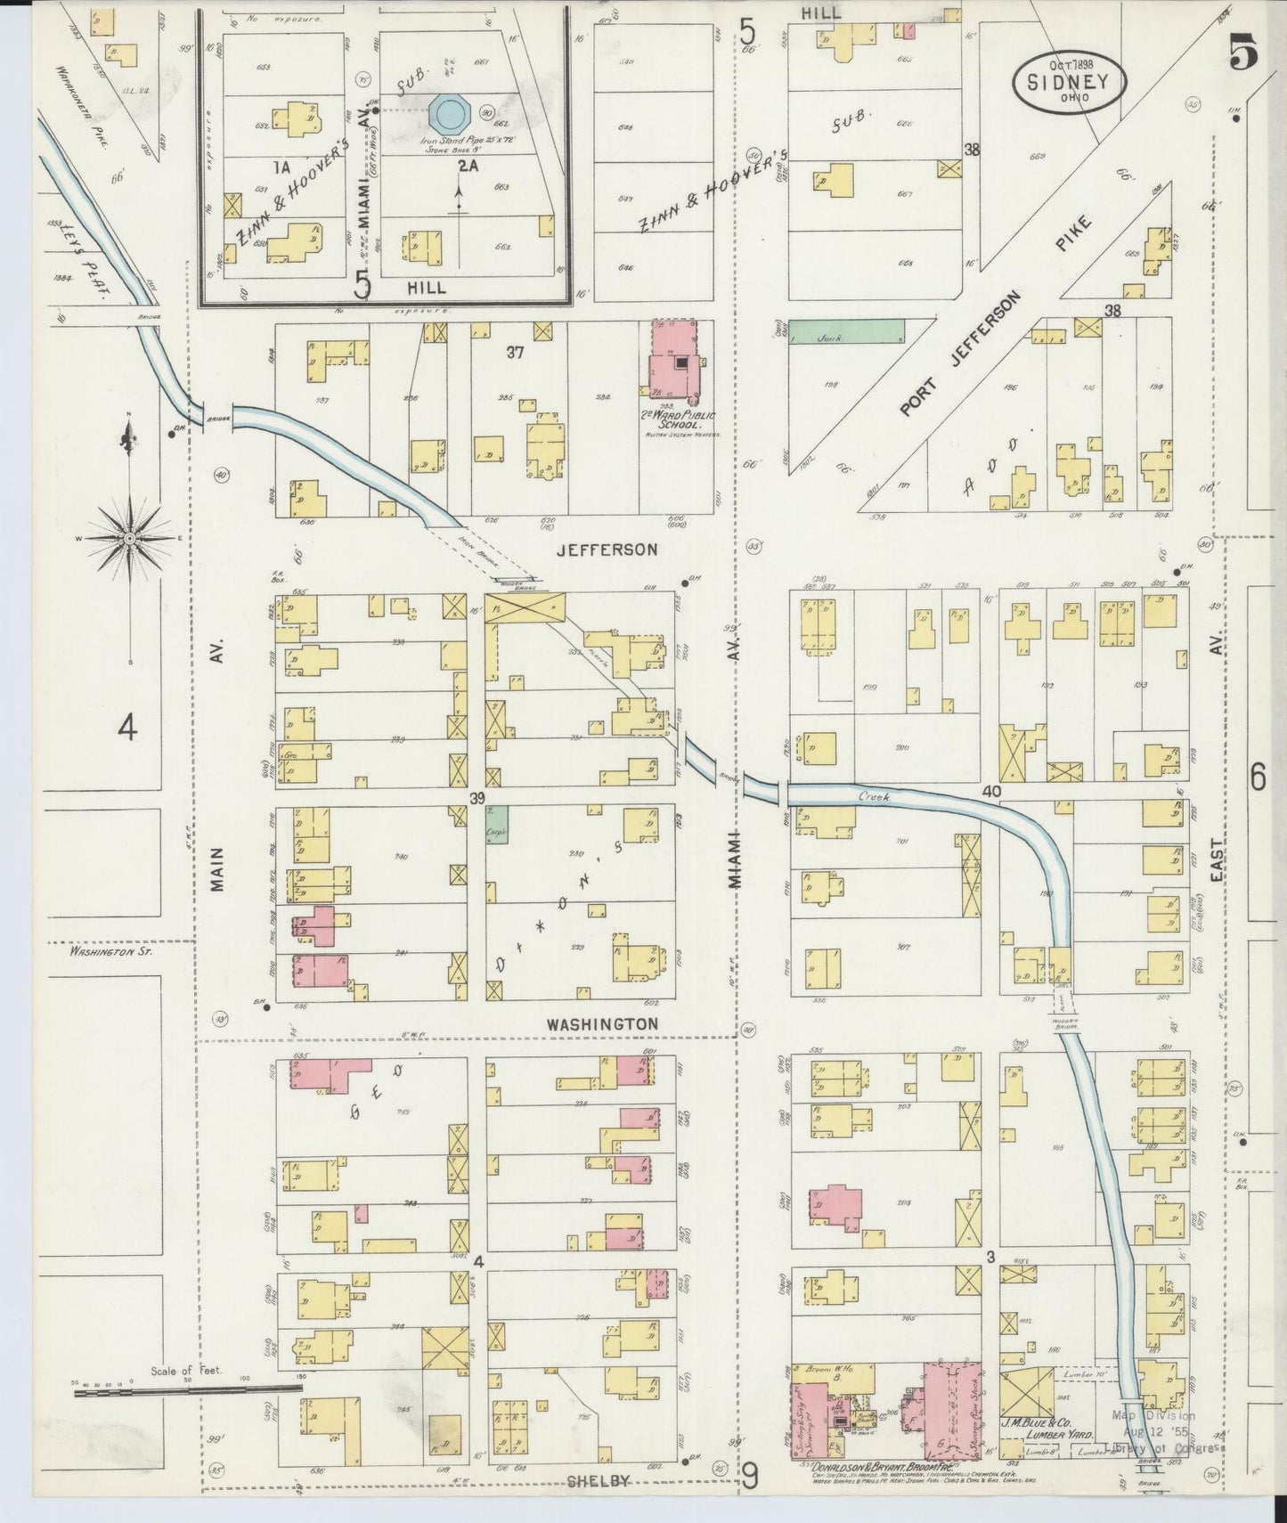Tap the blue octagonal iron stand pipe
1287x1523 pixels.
451,112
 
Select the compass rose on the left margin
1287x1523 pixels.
130,539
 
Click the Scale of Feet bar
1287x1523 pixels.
187,1412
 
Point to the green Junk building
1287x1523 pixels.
847,332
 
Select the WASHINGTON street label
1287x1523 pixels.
602,1024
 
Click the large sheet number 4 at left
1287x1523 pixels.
129,729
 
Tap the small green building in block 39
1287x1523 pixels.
498,824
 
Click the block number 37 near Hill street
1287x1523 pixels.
515,353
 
